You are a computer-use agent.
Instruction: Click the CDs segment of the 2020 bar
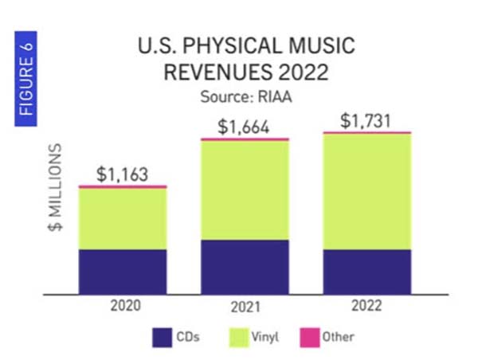(122, 271)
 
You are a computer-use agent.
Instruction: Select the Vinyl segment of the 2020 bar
(122, 218)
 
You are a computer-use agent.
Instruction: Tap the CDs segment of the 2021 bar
(245, 266)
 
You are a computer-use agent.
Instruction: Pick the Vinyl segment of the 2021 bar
(245, 190)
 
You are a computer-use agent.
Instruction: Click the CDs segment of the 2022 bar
(366, 271)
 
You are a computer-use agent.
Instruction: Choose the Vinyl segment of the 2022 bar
(366, 191)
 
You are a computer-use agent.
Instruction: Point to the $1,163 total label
(121, 174)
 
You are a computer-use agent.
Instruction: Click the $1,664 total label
(244, 127)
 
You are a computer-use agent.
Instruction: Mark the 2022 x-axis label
(366, 306)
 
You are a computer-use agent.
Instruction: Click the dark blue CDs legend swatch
(162, 338)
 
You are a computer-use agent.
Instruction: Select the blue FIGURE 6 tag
(26, 77)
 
